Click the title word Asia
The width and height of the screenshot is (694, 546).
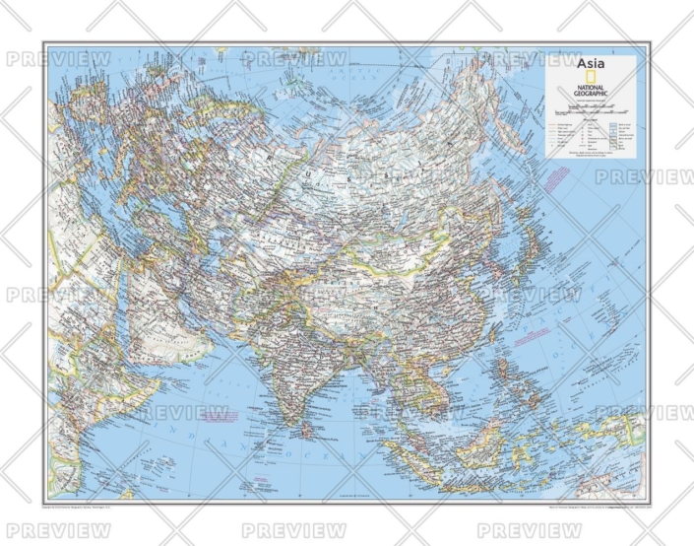(592, 64)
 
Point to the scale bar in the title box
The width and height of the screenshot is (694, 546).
(591, 110)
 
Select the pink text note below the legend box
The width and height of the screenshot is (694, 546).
(557, 178)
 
